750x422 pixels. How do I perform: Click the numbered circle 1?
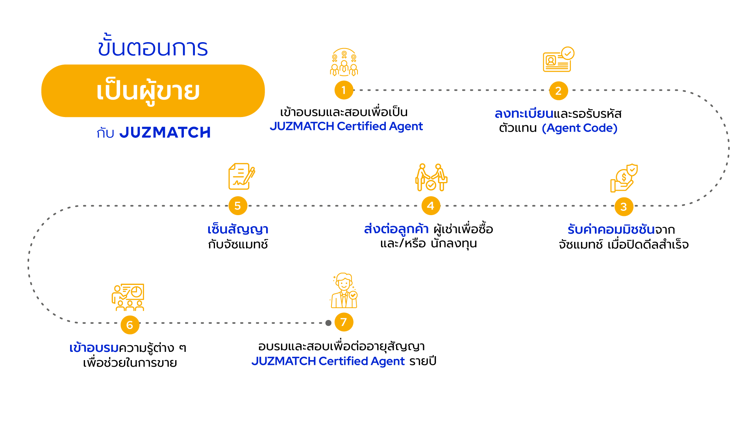click(344, 90)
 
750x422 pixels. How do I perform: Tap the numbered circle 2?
click(558, 91)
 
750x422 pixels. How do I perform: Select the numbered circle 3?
click(624, 206)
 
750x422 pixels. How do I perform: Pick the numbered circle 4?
click(431, 206)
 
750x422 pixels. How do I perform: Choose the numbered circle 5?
click(238, 206)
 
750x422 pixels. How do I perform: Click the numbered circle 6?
click(130, 325)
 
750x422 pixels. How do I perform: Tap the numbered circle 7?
click(344, 322)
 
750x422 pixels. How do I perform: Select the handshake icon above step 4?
click(431, 177)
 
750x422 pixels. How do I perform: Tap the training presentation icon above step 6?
click(128, 297)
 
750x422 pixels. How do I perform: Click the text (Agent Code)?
click(579, 128)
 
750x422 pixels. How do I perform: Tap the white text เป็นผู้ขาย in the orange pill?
click(148, 91)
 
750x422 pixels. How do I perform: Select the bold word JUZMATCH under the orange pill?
click(165, 133)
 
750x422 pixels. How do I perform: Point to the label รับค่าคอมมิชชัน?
click(611, 229)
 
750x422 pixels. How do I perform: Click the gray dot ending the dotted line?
click(328, 323)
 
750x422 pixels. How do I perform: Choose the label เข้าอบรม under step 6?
click(94, 348)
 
